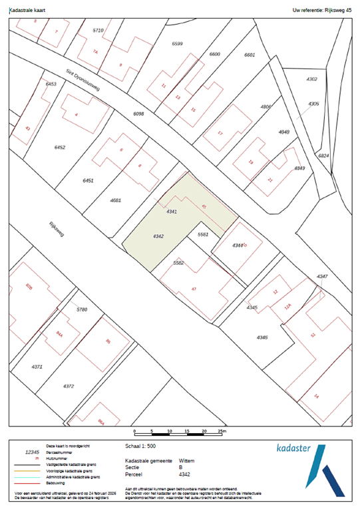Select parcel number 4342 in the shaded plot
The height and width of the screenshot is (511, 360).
pos(158,236)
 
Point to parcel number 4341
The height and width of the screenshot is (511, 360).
pos(171,211)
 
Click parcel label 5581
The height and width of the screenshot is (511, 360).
pos(204,234)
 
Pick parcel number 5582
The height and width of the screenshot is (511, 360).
pos(178,263)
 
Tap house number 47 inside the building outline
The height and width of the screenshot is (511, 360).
pos(194,288)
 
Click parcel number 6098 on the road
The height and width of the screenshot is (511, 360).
pos(139,114)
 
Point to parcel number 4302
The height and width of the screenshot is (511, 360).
pos(312,79)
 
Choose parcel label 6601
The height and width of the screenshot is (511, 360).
pos(250,55)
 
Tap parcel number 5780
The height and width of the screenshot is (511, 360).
pos(82,310)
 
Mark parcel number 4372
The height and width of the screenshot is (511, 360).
pos(68,386)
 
